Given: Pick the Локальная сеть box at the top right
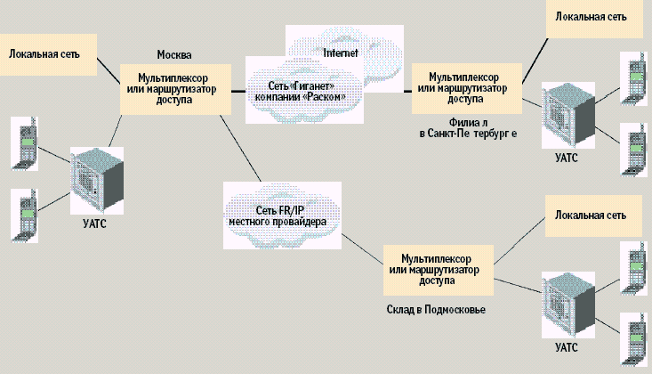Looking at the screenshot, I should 591,17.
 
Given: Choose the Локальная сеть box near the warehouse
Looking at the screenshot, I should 591,215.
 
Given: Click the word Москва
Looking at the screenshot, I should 174,54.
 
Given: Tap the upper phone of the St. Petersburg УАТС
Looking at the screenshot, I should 634,78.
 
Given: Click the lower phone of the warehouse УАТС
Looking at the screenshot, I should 634,337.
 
